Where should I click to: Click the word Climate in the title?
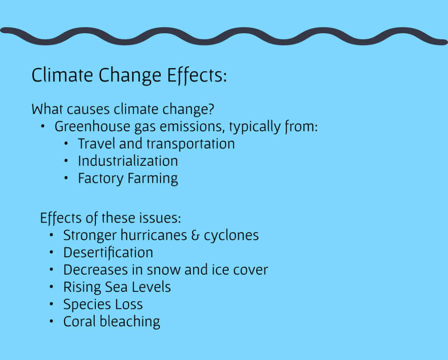coord(62,75)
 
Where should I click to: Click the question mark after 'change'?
coord(211,109)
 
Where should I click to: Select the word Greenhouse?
coord(92,126)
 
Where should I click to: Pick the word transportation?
coord(191,144)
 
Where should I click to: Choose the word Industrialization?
coord(128,161)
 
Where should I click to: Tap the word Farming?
coord(153,179)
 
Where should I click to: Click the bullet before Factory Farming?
coord(66,178)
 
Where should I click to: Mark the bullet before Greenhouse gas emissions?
coord(42,126)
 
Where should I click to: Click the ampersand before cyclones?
coord(195,235)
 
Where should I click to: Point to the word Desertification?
coord(108,253)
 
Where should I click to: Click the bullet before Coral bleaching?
coord(52,321)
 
